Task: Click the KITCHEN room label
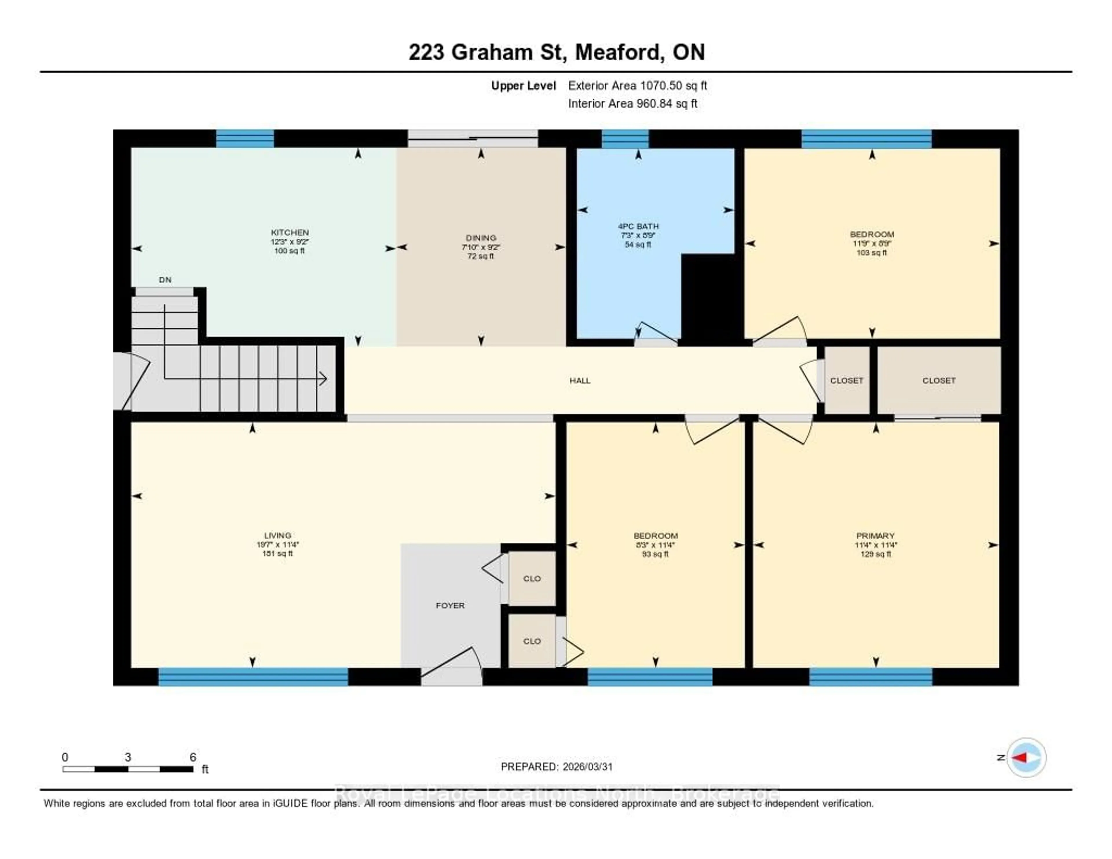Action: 290,232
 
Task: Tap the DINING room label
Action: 481,238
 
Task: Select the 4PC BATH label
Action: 638,226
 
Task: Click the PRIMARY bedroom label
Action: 875,536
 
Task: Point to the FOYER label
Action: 450,605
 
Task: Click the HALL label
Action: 580,380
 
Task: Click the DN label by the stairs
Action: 165,279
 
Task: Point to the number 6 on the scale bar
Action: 193,757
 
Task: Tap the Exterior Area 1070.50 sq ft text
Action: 637,85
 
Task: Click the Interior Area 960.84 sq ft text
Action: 632,103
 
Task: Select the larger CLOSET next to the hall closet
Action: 939,380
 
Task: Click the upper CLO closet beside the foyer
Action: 532,578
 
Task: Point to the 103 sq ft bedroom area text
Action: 872,253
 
